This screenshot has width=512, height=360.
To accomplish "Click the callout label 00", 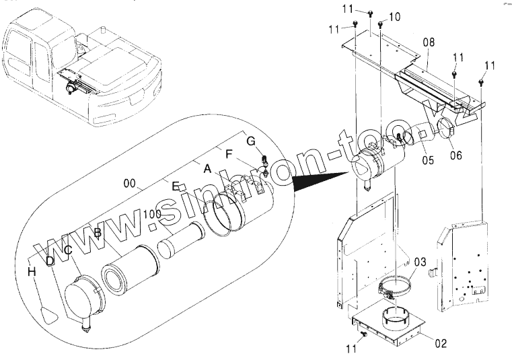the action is pos(129,184).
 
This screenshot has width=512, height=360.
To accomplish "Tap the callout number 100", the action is pos(152,214).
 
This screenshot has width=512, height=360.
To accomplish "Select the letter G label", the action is pos(251,141).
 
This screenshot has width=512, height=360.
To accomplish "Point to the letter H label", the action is pos(32,271).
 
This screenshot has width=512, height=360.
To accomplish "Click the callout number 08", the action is pos(429,42).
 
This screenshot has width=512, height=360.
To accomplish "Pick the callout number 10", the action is pos(394,17).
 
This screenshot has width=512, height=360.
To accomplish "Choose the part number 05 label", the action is pos(428,160).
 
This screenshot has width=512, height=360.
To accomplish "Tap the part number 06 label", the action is pos(456,155).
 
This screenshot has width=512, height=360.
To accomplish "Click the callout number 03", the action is pos(420,262).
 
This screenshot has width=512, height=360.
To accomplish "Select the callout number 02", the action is pos(441,343).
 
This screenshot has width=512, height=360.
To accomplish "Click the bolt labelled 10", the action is pos(381,24).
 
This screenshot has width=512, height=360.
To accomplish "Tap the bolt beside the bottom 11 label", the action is pos(364,334).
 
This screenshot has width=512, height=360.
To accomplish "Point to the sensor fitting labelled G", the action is pos(264,166).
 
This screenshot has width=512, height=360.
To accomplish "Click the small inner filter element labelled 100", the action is pos(181,240).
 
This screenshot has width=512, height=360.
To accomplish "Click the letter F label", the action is pos(229,153).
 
